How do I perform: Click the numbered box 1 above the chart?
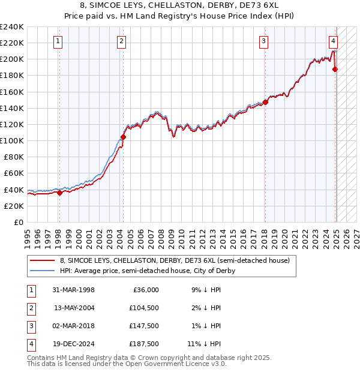[58, 41]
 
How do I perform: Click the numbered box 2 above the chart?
[121, 41]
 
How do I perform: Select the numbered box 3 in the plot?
[263, 41]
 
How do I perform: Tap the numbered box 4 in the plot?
[333, 41]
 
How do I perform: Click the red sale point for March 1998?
[59, 193]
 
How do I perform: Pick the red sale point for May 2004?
[123, 137]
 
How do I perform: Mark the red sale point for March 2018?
[265, 102]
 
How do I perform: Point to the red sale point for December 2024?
[335, 70]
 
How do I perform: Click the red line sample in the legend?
[42, 261]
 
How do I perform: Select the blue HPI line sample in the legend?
[42, 271]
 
